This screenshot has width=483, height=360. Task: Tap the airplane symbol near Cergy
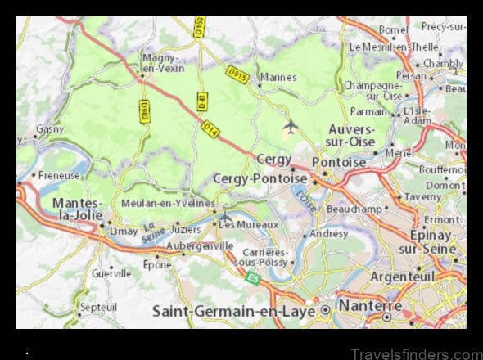[290, 126]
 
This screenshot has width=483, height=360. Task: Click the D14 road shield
[210, 128]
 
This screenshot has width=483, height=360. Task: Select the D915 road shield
[237, 76]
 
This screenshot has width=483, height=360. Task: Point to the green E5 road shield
[253, 279]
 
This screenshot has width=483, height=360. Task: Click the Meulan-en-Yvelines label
[167, 203]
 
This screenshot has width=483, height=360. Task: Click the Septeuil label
[99, 308]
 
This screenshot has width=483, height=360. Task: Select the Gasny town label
[50, 129]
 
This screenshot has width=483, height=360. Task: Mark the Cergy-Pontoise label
[260, 178]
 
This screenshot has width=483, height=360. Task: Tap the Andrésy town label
[329, 233]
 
